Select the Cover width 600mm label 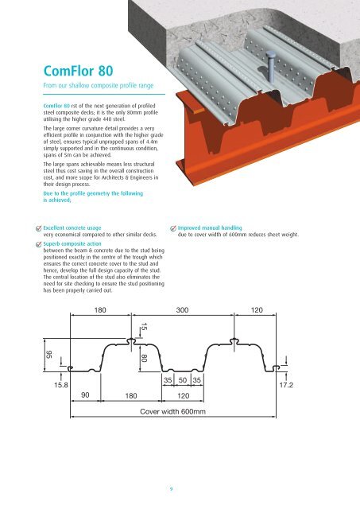(172, 411)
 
